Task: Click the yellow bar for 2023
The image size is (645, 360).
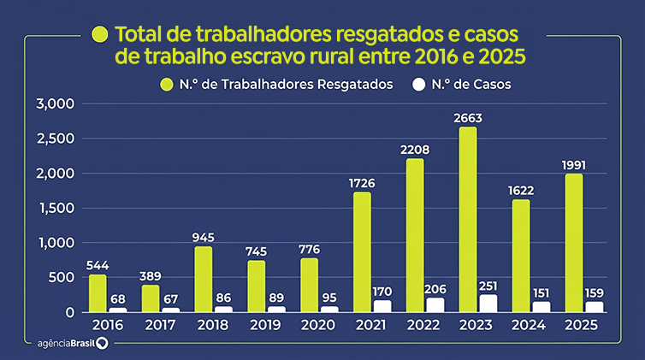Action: click(468, 220)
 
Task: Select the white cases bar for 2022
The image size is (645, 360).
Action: click(435, 305)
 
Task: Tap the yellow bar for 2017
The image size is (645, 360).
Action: click(151, 298)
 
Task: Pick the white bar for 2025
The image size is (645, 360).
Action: click(595, 307)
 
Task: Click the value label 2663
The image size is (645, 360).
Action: click(468, 118)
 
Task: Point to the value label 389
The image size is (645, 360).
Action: click(151, 276)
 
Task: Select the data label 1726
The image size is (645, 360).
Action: click(362, 183)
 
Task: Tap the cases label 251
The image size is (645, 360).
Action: click(488, 286)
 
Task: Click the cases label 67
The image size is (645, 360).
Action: click(170, 299)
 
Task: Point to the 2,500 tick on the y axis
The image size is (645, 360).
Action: click(56, 139)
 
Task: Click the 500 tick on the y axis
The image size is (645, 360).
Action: click(62, 277)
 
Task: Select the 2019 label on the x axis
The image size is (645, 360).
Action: click(265, 325)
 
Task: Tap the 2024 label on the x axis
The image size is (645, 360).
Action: click(529, 325)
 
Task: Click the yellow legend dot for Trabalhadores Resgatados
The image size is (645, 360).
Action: click(167, 85)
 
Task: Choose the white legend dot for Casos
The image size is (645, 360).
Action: click(419, 85)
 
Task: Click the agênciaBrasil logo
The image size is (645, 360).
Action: click(73, 343)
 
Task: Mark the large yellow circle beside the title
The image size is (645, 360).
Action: click(100, 34)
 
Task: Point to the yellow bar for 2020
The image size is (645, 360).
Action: click(310, 286)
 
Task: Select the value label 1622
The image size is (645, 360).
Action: click(521, 191)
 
